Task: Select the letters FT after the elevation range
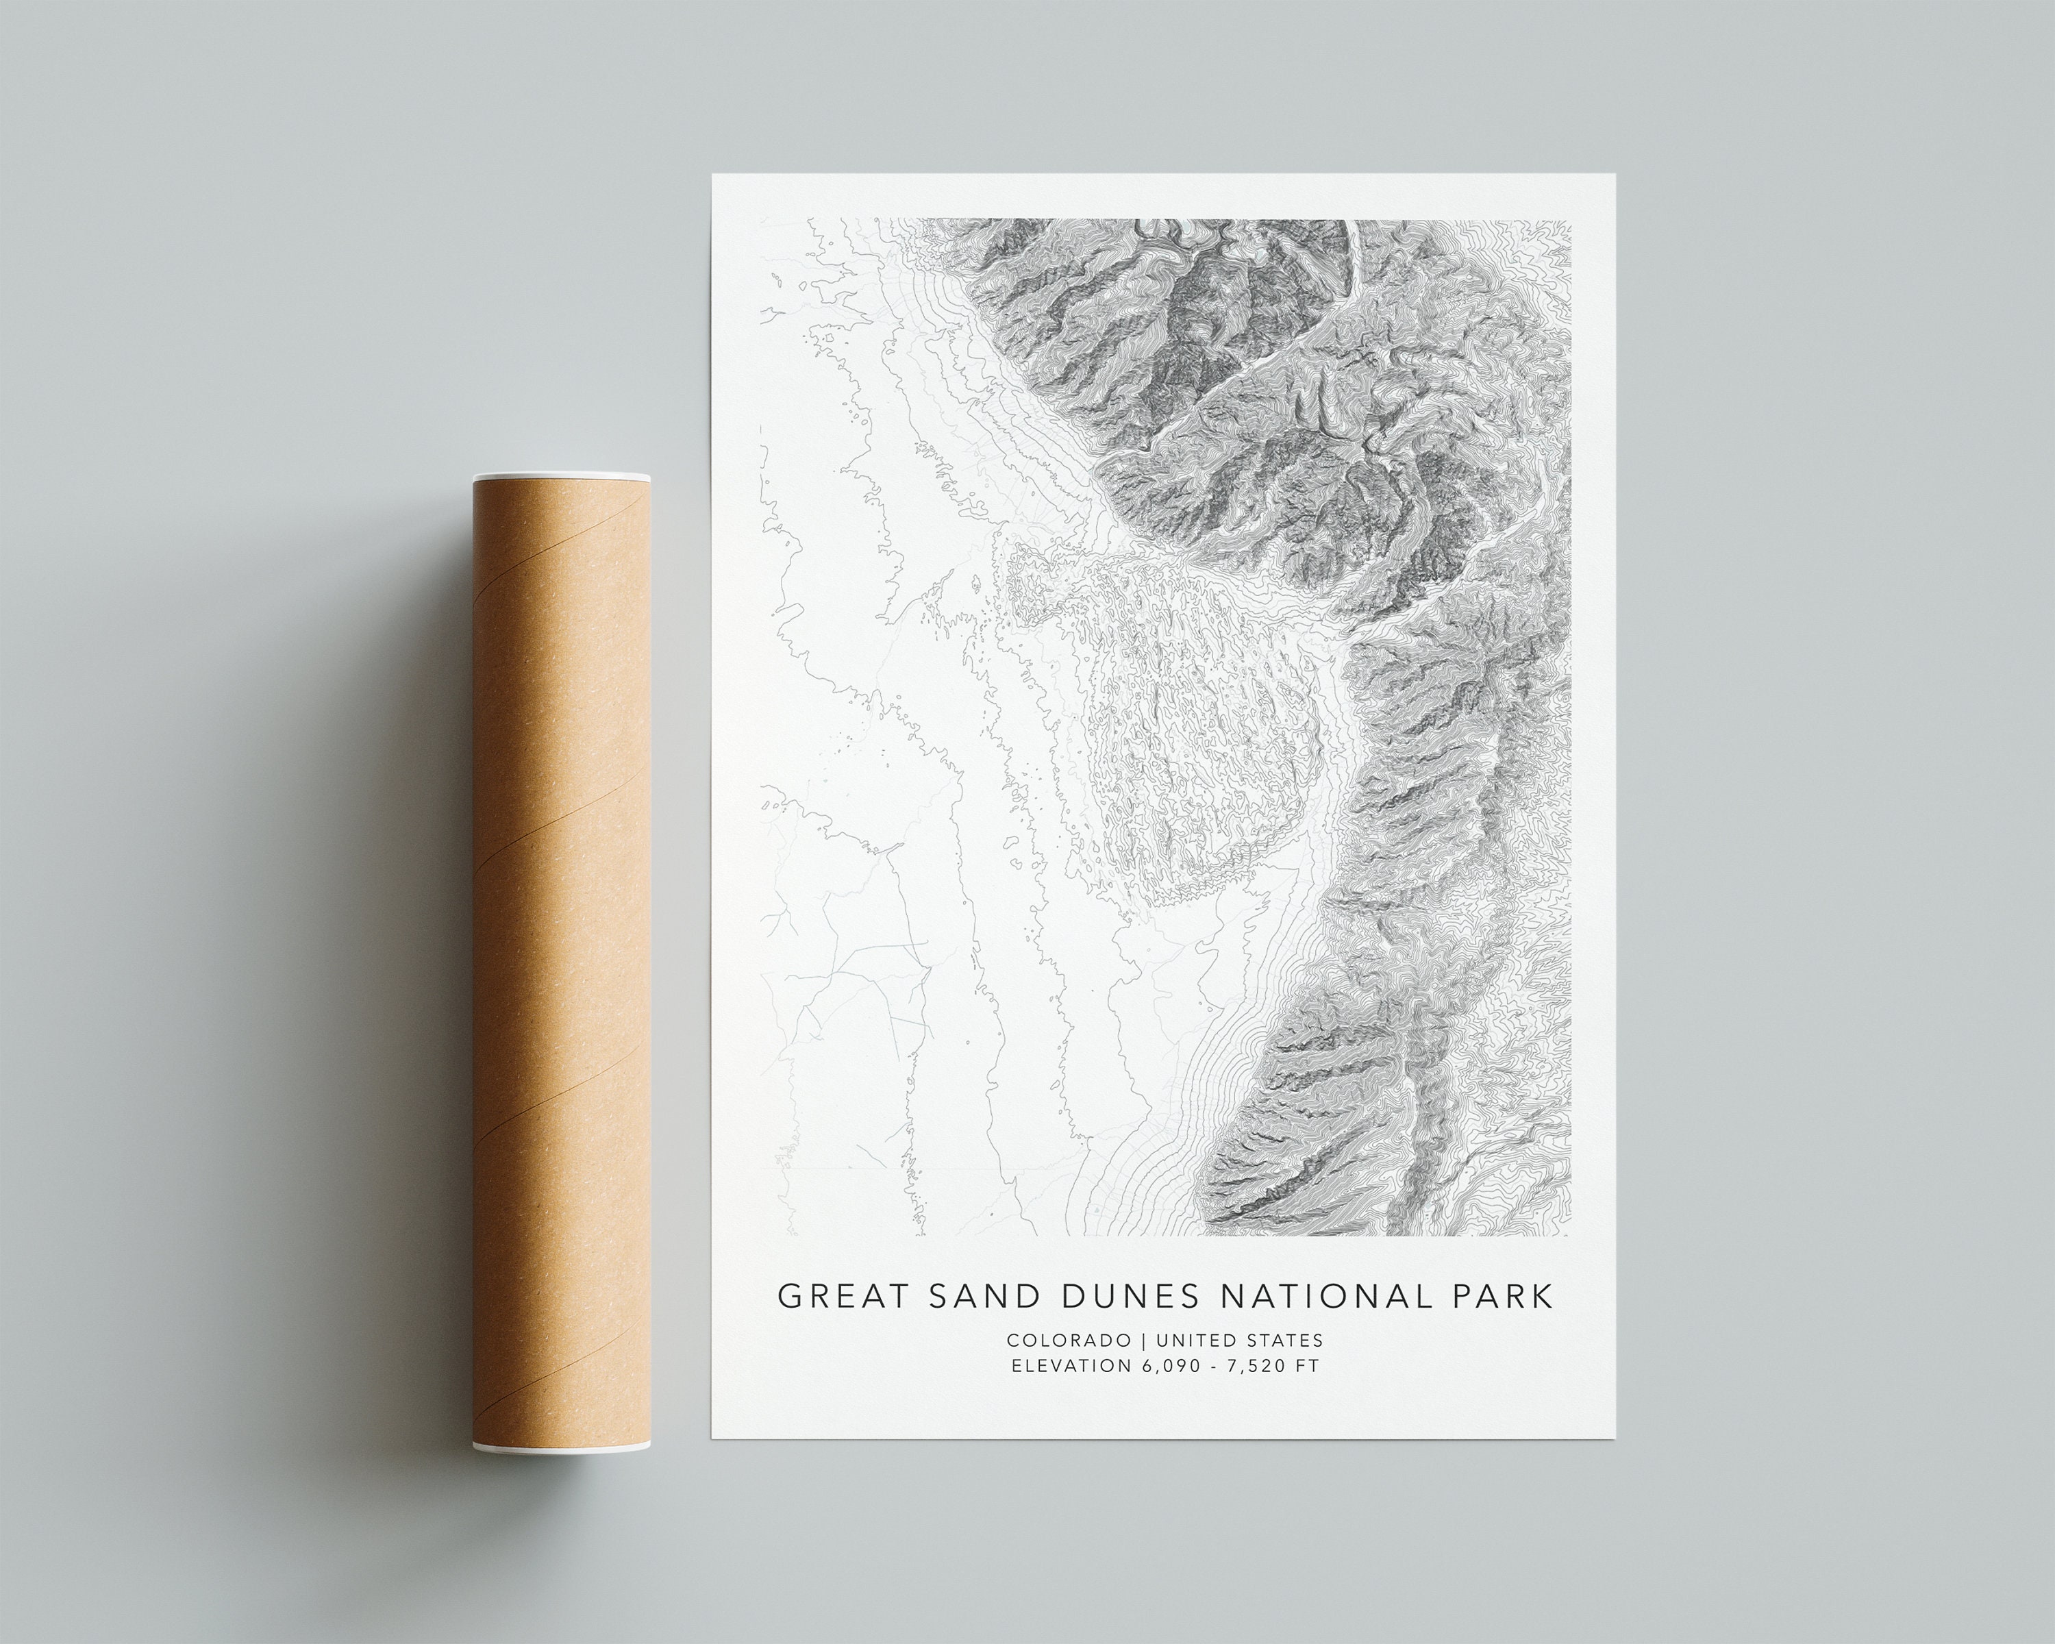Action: click(x=1308, y=1366)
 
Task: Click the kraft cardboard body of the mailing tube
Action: click(x=562, y=953)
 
